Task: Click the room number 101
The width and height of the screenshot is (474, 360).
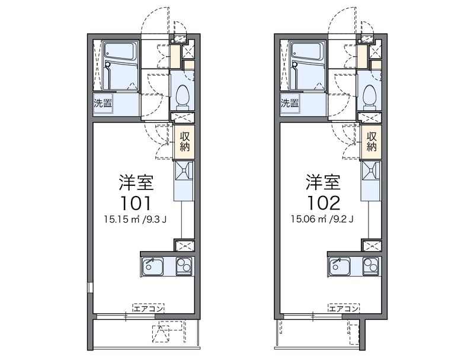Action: (136, 203)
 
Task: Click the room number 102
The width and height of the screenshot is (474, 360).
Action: (324, 203)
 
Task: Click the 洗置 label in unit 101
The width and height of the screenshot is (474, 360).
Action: (103, 103)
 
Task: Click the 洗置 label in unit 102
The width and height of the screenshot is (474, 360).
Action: (290, 103)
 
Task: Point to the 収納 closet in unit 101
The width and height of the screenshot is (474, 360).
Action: (184, 142)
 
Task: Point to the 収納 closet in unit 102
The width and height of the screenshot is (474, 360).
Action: (371, 142)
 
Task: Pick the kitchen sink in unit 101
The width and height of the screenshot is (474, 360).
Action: (153, 266)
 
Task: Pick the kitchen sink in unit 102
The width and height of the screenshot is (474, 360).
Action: (340, 266)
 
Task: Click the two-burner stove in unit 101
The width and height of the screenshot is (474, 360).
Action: (184, 266)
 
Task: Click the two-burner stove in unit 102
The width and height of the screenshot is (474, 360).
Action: (371, 266)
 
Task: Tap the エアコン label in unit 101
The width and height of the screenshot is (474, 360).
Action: (149, 308)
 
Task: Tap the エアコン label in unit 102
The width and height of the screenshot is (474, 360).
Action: (344, 308)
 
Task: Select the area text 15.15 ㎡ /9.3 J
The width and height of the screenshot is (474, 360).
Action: (135, 219)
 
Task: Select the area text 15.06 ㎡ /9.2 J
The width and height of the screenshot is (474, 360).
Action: (322, 219)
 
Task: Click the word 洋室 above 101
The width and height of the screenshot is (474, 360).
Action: (136, 182)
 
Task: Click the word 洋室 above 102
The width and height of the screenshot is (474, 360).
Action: (323, 182)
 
